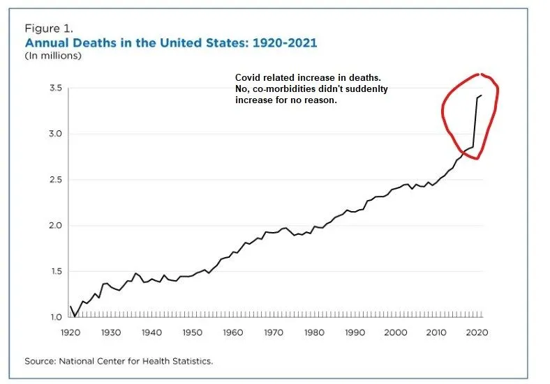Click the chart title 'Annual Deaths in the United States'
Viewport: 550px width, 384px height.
coord(170,43)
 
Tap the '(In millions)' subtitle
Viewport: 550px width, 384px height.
coord(53,55)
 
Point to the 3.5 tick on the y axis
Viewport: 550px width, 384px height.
coord(55,89)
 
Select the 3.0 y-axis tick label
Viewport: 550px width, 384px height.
coord(55,134)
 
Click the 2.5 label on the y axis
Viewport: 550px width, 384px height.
coord(55,180)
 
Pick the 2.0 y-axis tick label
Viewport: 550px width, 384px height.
coord(55,226)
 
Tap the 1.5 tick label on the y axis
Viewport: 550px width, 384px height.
coord(55,272)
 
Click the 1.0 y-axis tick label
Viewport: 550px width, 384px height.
coord(55,317)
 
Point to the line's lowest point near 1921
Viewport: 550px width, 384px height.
coord(75,316)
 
